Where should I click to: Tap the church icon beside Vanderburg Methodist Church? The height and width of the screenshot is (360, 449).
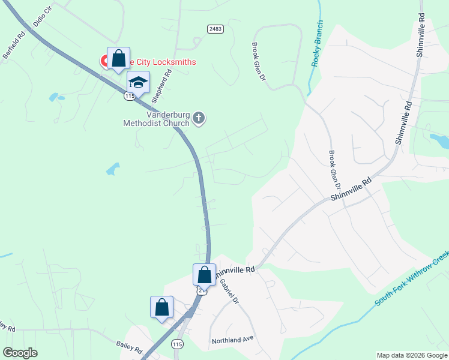pos(199,119)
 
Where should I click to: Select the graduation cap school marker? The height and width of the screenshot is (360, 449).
pos(138,83)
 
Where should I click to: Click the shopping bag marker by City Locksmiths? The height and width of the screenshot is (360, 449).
pos(118,59)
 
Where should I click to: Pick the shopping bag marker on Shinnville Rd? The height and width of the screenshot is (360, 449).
pos(204,275)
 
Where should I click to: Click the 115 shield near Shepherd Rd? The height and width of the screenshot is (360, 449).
pos(130,96)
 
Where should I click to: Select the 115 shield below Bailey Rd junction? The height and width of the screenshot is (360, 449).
pos(176,344)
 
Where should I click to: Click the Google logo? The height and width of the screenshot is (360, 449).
pos(20,353)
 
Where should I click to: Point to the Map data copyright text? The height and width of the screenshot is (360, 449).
pos(412,355)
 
